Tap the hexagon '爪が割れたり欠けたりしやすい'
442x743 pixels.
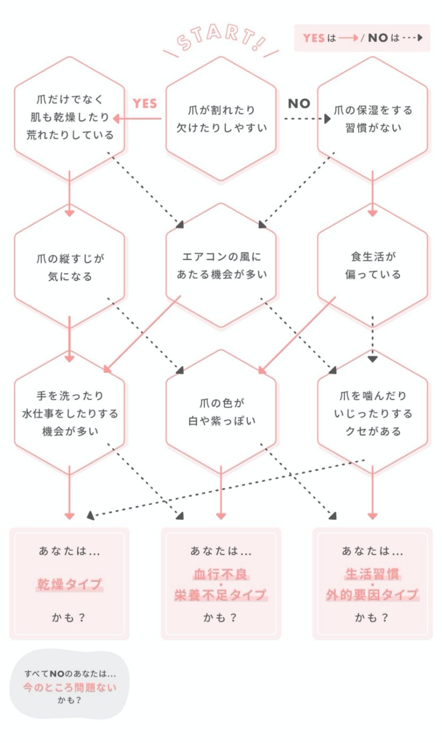[221, 119]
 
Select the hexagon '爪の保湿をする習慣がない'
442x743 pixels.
[372, 119]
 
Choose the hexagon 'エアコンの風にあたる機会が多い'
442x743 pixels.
[221, 265]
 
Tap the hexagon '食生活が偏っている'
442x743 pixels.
[372, 265]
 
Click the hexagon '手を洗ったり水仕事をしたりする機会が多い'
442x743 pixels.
[70, 413]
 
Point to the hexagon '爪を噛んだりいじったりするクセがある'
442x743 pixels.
[372, 413]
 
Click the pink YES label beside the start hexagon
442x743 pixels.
[145, 103]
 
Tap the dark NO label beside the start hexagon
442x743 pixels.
[299, 103]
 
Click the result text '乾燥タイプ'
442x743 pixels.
[69, 584]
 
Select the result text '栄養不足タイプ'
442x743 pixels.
[221, 595]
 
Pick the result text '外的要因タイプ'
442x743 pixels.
[372, 595]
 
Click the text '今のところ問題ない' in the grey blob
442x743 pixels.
[70, 687]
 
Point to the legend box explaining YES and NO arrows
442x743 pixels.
[362, 38]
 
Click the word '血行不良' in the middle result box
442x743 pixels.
[221, 575]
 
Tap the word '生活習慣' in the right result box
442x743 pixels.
[372, 575]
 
